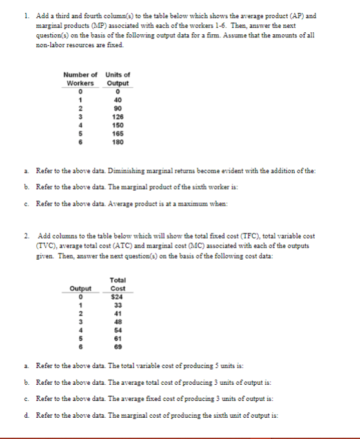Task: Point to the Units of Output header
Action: (x=117, y=79)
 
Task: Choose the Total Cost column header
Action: (x=117, y=284)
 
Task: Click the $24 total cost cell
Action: (x=117, y=297)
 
